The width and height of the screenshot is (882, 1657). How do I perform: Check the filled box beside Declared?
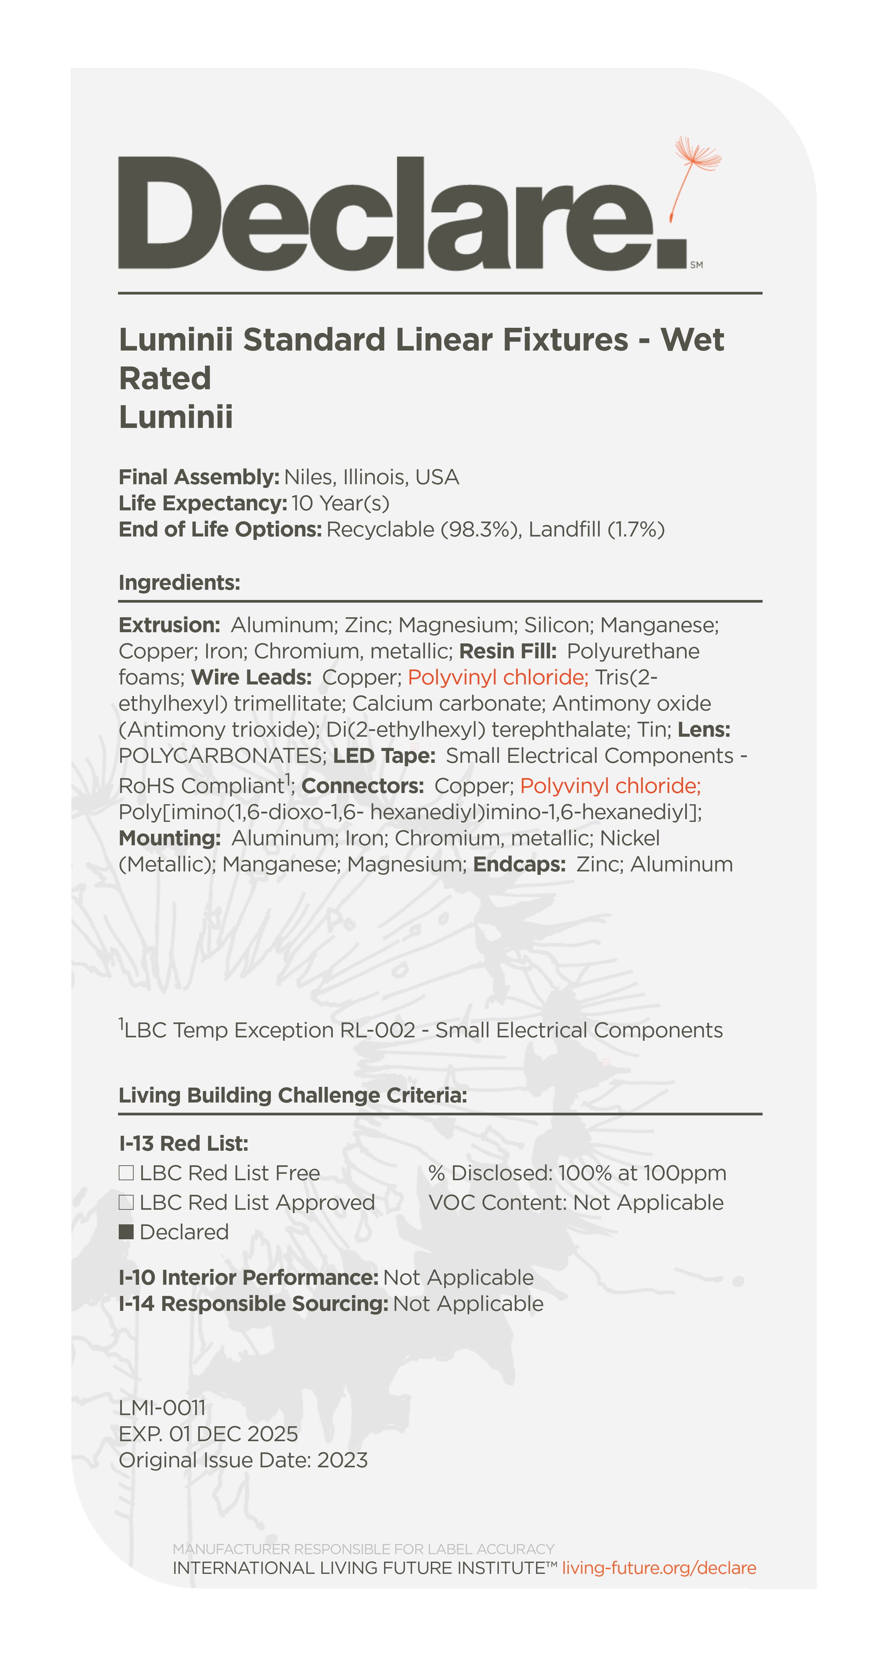(x=126, y=1232)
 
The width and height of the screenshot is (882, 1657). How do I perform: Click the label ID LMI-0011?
(x=162, y=1408)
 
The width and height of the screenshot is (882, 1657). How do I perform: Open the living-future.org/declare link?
(x=659, y=1568)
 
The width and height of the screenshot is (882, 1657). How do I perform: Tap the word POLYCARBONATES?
(x=223, y=756)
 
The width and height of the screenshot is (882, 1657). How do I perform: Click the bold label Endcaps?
(x=519, y=864)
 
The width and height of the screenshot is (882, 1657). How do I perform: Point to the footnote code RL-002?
(x=377, y=1030)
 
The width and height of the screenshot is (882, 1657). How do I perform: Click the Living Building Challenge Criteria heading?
(x=292, y=1095)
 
